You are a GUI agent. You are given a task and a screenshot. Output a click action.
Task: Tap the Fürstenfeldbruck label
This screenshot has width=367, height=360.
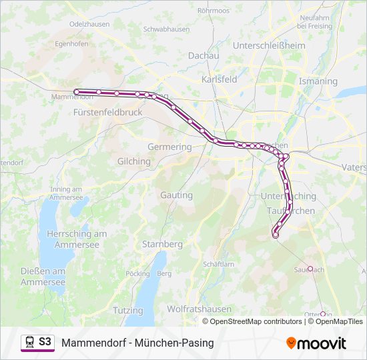tap(109, 113)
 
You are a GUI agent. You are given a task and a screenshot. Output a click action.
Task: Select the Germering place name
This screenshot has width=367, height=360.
tap(169, 147)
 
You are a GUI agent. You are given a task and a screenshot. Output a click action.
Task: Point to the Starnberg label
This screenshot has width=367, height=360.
tap(162, 244)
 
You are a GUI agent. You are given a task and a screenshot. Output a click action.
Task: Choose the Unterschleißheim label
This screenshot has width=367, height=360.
tap(268, 45)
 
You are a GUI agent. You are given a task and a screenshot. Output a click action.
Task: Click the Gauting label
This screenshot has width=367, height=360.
tap(176, 195)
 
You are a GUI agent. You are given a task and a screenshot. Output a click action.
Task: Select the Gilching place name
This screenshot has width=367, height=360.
tap(133, 161)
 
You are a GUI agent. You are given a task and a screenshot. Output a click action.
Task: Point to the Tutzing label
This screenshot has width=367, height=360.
tap(127, 311)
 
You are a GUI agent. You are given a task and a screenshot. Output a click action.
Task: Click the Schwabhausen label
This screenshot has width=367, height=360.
tap(166, 29)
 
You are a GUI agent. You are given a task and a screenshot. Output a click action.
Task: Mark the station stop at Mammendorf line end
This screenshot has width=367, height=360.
tap(77, 91)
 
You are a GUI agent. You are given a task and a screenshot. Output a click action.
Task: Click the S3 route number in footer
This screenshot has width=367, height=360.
tap(45, 341)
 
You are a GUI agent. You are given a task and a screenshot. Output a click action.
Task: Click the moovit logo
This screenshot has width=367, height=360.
tap(316, 343)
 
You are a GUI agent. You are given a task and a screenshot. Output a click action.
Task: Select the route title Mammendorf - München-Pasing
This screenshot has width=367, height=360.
tap(137, 343)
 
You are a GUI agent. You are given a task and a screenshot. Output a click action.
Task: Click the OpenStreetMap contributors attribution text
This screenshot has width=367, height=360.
tap(256, 321)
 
